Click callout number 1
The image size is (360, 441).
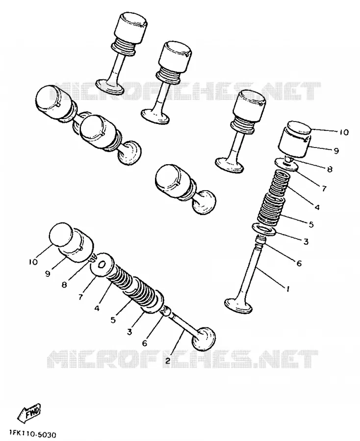[x=288, y=289]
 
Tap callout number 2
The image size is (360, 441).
[x=168, y=361]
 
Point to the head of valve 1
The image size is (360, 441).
[x=239, y=306]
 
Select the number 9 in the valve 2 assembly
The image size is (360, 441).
[x=48, y=273]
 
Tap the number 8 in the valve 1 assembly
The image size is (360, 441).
[x=329, y=170]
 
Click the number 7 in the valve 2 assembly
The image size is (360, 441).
[x=81, y=297]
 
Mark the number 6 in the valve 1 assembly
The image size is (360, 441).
[x=299, y=263]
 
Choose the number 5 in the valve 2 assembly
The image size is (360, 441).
[x=113, y=320]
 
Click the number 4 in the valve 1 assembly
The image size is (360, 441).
[x=317, y=208]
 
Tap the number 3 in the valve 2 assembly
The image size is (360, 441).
[x=129, y=332]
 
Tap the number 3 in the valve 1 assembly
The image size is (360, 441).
[x=306, y=242]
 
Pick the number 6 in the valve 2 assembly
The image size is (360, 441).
[x=145, y=343]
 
